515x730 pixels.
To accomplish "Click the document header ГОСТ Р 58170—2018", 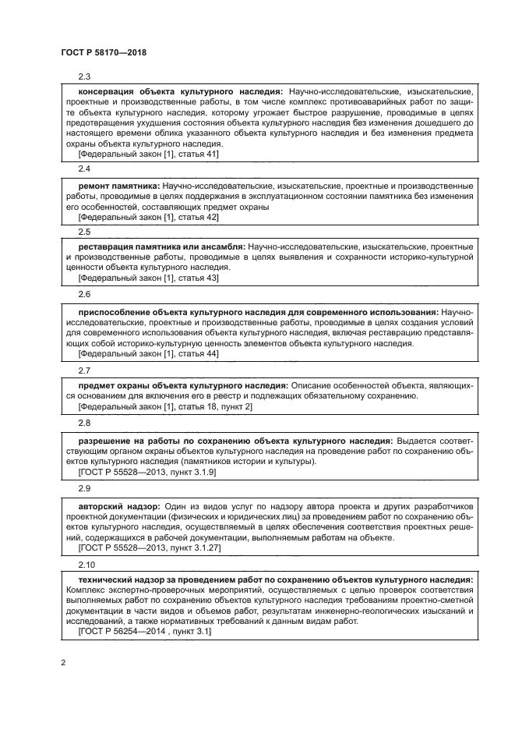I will click(x=104, y=52).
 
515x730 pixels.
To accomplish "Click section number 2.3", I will click(x=85, y=77).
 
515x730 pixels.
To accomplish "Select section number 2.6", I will click(x=85, y=295).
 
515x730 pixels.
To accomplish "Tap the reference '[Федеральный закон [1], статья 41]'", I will click(x=148, y=154).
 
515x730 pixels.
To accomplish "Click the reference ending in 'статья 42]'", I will click(x=148, y=218).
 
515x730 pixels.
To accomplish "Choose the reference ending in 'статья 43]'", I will click(x=148, y=278).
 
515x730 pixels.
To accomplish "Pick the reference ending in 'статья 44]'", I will click(x=148, y=353).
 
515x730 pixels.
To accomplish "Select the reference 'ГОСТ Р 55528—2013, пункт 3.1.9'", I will click(x=147, y=472).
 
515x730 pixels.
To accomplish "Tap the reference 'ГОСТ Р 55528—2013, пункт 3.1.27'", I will click(x=150, y=548).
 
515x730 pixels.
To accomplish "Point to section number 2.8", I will click(x=85, y=423).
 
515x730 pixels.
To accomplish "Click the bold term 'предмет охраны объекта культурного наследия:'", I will click(x=184, y=385).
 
